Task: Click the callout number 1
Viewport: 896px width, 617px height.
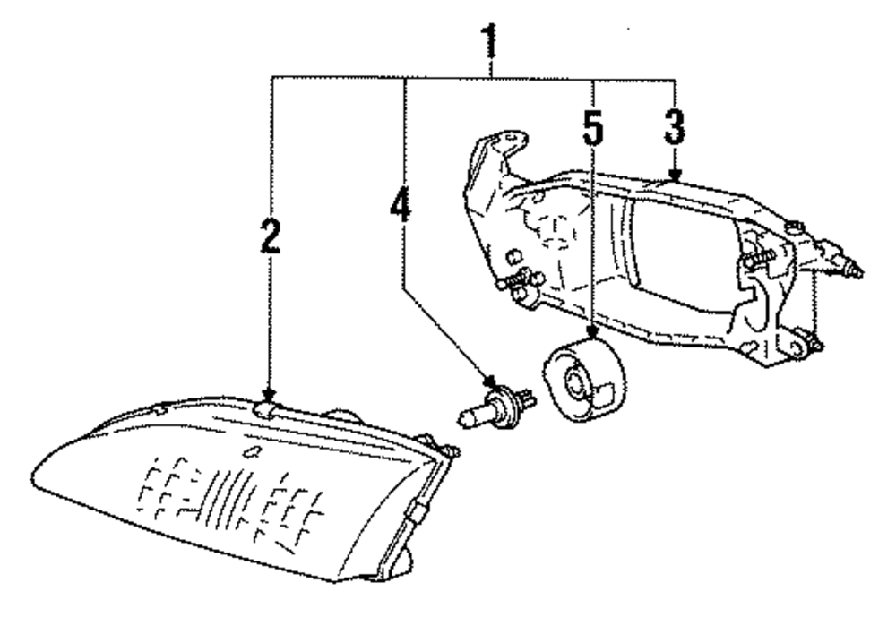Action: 489,40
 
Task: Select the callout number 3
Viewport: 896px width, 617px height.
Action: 674,129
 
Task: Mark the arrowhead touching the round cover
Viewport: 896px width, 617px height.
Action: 591,337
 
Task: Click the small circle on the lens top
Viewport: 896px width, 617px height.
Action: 252,450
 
